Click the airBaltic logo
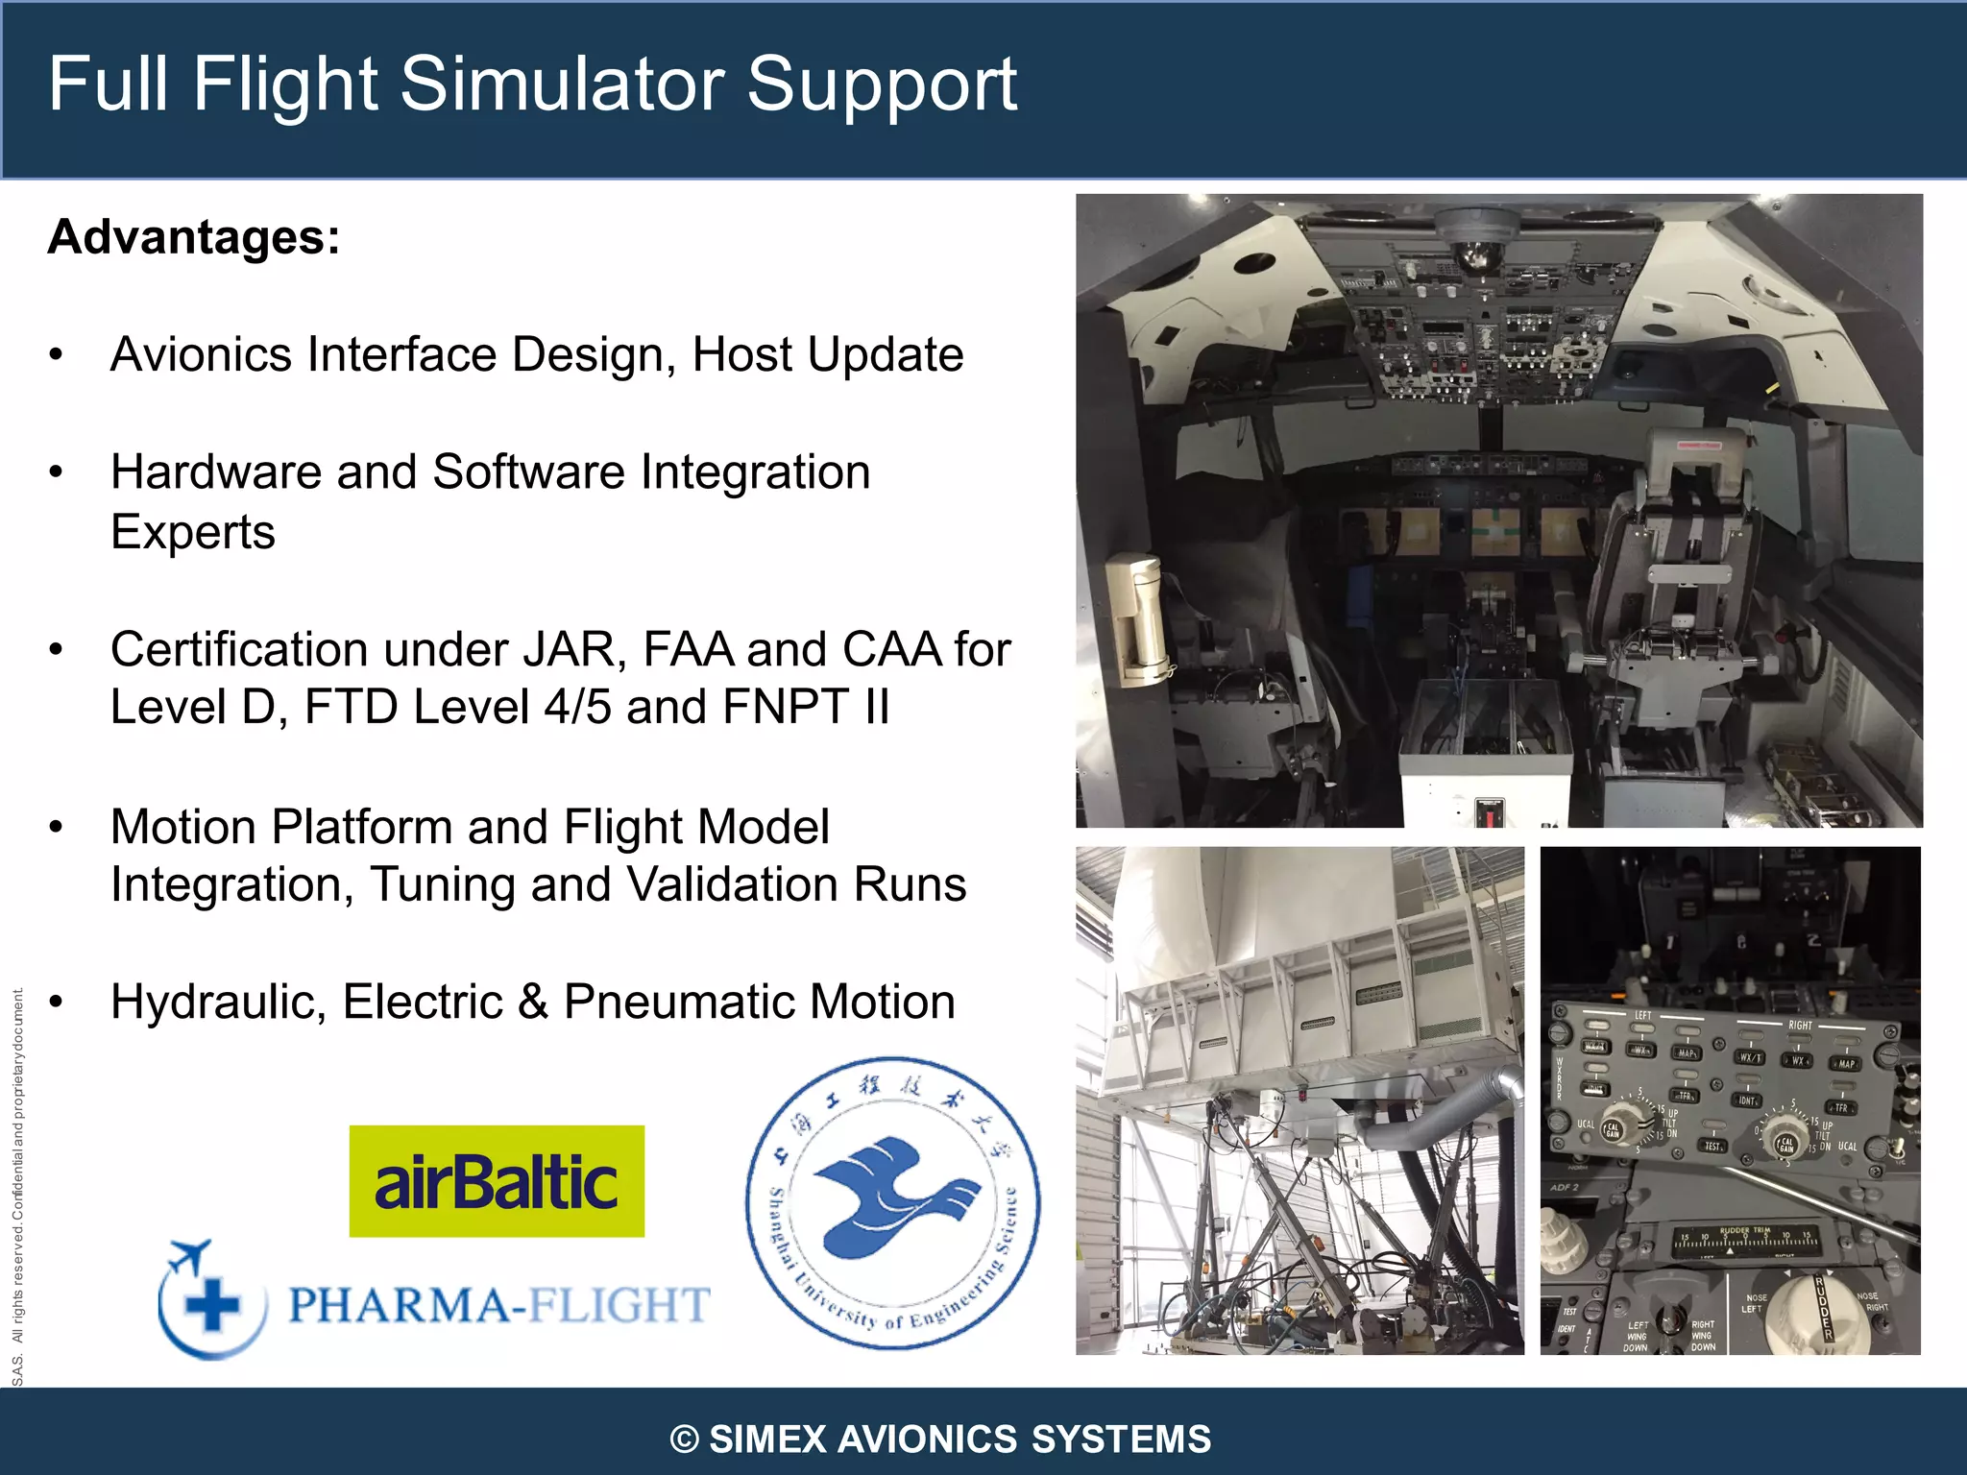pos(497,1181)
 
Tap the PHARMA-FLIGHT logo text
pos(499,1306)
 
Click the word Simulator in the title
pos(562,85)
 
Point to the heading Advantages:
pos(194,237)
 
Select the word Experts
pos(193,532)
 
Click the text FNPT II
pos(806,708)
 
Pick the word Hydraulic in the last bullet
pos(218,1003)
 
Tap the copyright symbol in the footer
pos(684,1439)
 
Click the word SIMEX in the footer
pos(767,1439)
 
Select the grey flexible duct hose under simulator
pos(1441,1114)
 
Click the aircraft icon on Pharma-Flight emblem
pos(189,1256)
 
